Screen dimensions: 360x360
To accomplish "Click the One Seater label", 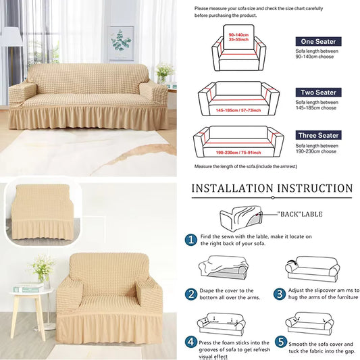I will click(318, 41).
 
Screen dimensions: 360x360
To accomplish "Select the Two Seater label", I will click(318, 91).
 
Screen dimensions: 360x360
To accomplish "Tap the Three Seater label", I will click(317, 135).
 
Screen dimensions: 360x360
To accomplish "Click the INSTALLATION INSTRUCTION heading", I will click(272, 188).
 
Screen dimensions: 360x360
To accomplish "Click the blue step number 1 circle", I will click(191, 239).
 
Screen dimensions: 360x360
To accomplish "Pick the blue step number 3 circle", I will click(280, 294).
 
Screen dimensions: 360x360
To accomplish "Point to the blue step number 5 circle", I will click(280, 342).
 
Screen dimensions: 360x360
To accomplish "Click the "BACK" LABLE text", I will click(300, 214).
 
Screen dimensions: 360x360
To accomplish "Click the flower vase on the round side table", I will click(43, 268).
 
